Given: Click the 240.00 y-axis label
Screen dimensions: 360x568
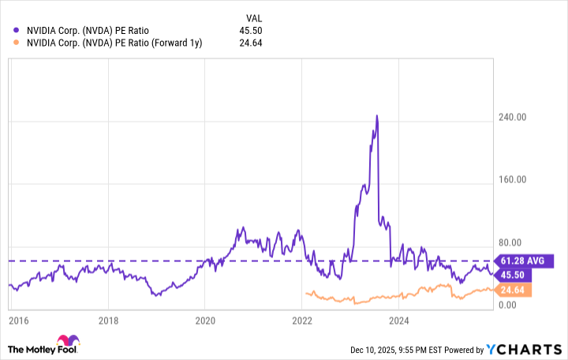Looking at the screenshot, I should [x=514, y=117].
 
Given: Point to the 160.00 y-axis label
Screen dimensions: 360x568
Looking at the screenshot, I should [x=514, y=179].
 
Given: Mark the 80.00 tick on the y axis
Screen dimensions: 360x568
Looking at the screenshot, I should [x=516, y=242].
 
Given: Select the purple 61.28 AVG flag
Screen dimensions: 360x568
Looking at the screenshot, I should [x=525, y=261].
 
